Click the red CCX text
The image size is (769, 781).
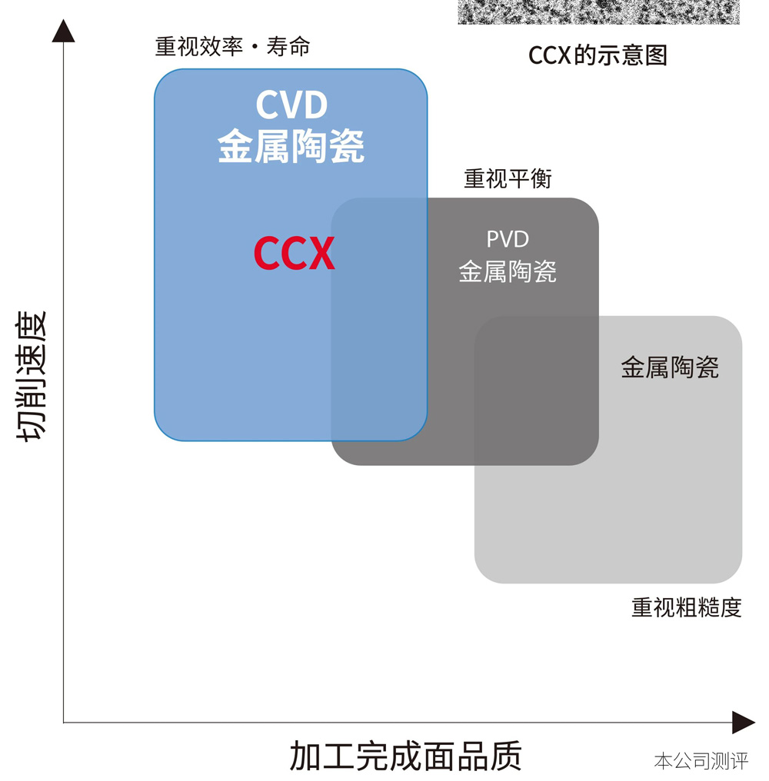click(294, 253)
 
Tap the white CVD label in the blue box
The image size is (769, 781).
click(291, 105)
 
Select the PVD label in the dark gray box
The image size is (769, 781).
click(508, 239)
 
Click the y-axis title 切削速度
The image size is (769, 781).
click(31, 376)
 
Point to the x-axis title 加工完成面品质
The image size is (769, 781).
click(405, 756)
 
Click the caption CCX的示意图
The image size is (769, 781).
click(598, 55)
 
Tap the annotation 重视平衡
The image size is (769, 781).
click(508, 179)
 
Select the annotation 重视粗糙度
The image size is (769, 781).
click(686, 608)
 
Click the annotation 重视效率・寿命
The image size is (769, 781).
click(232, 47)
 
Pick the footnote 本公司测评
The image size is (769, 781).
click(701, 761)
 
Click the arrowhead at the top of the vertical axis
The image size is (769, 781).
click(63, 31)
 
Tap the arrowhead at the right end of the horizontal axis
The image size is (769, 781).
click(743, 723)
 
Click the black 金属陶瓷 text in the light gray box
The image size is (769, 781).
click(669, 367)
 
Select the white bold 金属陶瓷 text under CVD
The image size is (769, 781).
click(291, 146)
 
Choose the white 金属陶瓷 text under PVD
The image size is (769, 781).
click(508, 271)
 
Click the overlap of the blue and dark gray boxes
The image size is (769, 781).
click(379, 319)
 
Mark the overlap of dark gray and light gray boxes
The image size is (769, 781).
click(536, 390)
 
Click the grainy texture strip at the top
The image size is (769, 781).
click(598, 12)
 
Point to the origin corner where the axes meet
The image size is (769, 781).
click(64, 723)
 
